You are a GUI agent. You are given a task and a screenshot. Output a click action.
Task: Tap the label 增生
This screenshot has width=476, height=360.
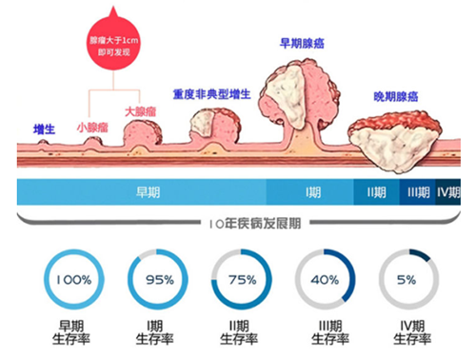[x=43, y=129]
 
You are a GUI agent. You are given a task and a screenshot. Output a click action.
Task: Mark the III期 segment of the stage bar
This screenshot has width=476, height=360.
[x=417, y=192]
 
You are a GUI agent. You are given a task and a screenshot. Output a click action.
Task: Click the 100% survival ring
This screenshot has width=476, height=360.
[x=72, y=280]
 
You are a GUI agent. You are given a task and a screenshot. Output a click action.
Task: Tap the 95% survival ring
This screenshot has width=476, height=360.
[x=156, y=280]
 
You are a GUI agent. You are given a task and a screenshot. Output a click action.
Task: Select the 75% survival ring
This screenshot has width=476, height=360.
[x=240, y=280]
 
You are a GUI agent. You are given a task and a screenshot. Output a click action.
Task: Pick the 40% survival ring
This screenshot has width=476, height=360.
[x=324, y=280]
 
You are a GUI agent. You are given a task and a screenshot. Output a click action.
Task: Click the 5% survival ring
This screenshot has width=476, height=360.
[x=407, y=280]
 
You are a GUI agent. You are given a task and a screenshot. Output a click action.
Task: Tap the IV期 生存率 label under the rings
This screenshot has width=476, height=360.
[x=407, y=331]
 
